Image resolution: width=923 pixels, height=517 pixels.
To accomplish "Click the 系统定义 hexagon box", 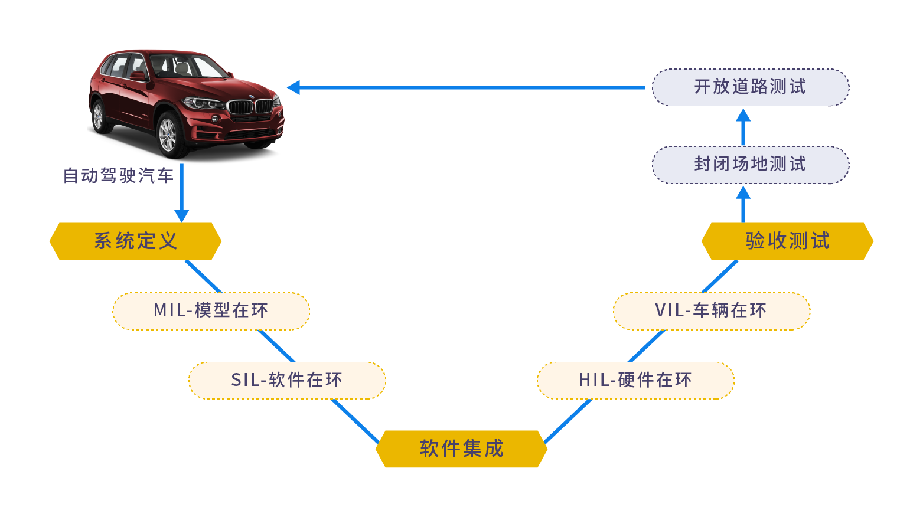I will (x=135, y=241).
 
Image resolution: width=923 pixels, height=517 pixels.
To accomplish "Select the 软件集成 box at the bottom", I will (x=461, y=449).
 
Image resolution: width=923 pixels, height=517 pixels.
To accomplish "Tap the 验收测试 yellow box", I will (x=787, y=241).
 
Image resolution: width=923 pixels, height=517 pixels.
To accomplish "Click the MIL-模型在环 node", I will (x=211, y=310).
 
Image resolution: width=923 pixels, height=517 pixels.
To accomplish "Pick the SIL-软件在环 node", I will (x=286, y=380).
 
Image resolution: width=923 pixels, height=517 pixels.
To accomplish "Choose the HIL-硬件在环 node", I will (x=635, y=380).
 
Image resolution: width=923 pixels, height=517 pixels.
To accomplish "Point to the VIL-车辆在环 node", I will (x=711, y=310).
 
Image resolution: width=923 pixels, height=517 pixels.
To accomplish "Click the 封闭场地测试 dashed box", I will (x=750, y=165).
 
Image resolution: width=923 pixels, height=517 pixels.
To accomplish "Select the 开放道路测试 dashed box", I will (x=750, y=87).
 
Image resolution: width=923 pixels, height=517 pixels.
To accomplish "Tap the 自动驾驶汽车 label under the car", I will (x=118, y=176).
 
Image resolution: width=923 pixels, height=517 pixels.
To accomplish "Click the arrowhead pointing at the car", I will (x=293, y=87).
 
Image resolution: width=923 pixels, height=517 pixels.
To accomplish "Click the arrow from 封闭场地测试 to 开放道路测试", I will (x=743, y=126).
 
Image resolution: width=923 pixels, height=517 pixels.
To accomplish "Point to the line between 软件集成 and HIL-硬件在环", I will (x=567, y=421).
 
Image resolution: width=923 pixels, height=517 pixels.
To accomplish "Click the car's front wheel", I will (x=168, y=135).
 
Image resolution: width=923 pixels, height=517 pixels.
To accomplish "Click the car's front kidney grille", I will (x=251, y=107).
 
